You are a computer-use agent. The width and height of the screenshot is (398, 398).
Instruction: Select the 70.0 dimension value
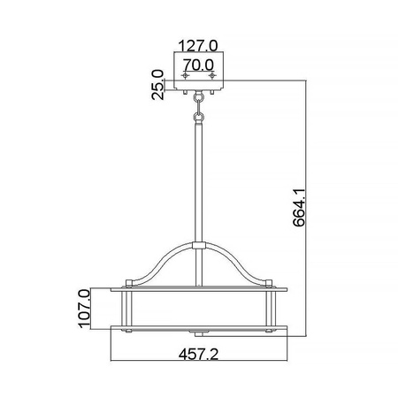(199, 65)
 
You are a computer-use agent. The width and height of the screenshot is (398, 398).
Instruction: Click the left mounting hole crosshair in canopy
(184, 77)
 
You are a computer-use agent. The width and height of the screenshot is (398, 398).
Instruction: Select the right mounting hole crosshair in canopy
(212, 77)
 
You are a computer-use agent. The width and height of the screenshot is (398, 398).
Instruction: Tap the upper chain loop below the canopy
(199, 102)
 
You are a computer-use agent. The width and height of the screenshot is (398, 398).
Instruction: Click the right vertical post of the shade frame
(271, 309)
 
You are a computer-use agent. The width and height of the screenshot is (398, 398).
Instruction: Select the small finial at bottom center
(199, 333)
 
